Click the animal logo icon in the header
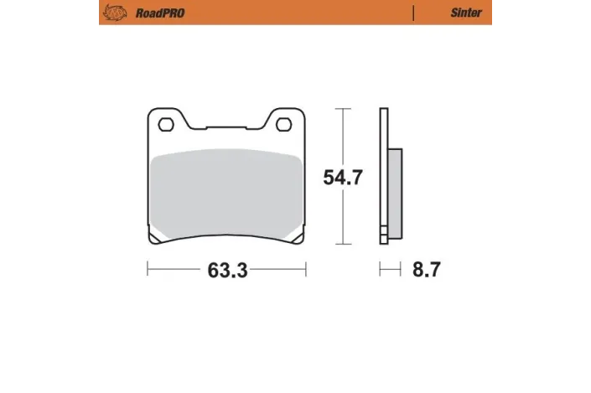click(110, 12)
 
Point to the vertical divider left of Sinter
click(413, 13)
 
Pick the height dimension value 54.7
click(342, 178)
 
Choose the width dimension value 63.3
click(226, 271)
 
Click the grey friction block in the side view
click(396, 189)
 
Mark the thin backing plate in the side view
click(384, 176)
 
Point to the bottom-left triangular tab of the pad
click(156, 239)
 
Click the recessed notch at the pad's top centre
click(226, 128)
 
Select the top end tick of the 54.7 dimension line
click(342, 108)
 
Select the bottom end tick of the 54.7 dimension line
click(342, 245)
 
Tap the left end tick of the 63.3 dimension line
click(148, 270)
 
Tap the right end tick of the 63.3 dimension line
click(304, 270)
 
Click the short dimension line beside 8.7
click(388, 270)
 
